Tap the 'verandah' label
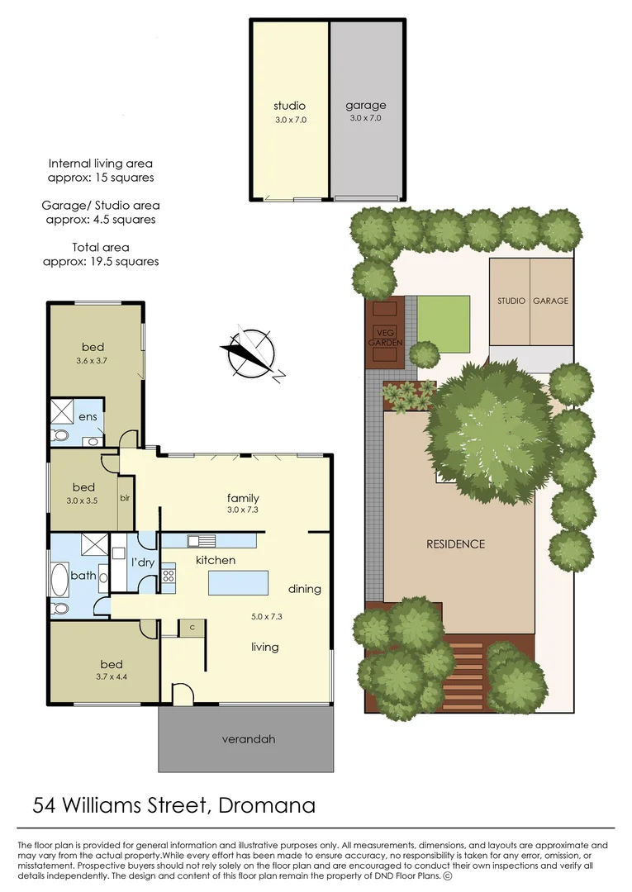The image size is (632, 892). pyautogui.click(x=247, y=738)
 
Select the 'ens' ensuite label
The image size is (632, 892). pyautogui.click(x=88, y=417)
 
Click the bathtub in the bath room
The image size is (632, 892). pyautogui.click(x=59, y=580)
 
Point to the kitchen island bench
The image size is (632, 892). pyautogui.click(x=239, y=583)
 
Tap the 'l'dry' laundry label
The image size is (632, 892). pyautogui.click(x=143, y=562)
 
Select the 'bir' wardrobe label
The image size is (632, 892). pyautogui.click(x=126, y=498)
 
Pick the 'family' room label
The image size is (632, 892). pyautogui.click(x=244, y=498)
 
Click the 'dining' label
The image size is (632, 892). pyautogui.click(x=304, y=589)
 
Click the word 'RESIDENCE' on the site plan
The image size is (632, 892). pyautogui.click(x=455, y=544)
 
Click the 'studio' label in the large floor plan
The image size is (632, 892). pyautogui.click(x=289, y=106)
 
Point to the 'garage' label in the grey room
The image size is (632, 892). pyautogui.click(x=365, y=106)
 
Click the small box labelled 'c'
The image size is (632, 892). pyautogui.click(x=192, y=628)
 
